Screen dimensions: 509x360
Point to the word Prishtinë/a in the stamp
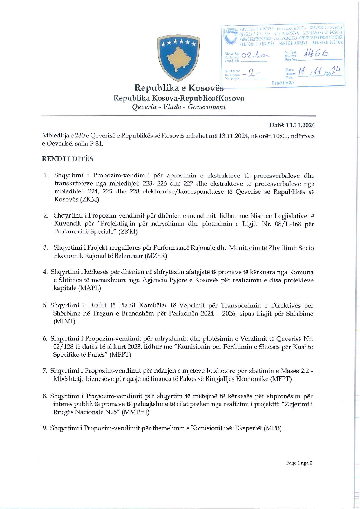click(283, 83)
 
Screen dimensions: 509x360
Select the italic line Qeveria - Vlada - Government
click(179, 107)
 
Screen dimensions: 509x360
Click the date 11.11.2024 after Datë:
click(300, 125)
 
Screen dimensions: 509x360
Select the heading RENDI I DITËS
click(68, 159)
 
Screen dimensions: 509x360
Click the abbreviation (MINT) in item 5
click(64, 321)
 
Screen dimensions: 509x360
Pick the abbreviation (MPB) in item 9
click(272, 428)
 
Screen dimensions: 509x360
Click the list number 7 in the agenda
click(45, 371)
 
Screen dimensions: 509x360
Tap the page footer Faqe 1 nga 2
click(299, 463)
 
